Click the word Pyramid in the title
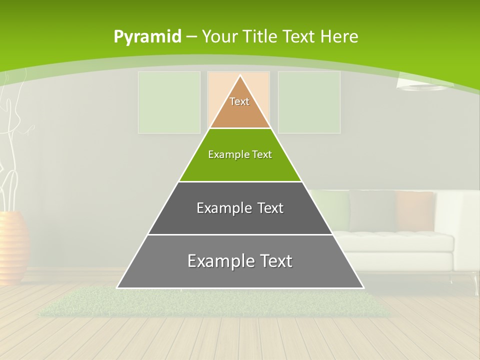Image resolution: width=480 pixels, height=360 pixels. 147,37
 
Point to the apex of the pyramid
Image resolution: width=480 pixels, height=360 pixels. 240,76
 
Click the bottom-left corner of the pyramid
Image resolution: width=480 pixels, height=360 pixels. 118,287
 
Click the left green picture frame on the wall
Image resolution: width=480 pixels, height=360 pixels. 169,102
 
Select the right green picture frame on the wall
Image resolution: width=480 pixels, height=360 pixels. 309,102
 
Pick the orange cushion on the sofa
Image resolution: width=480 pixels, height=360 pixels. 414,210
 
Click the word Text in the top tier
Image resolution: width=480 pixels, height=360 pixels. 239,101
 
